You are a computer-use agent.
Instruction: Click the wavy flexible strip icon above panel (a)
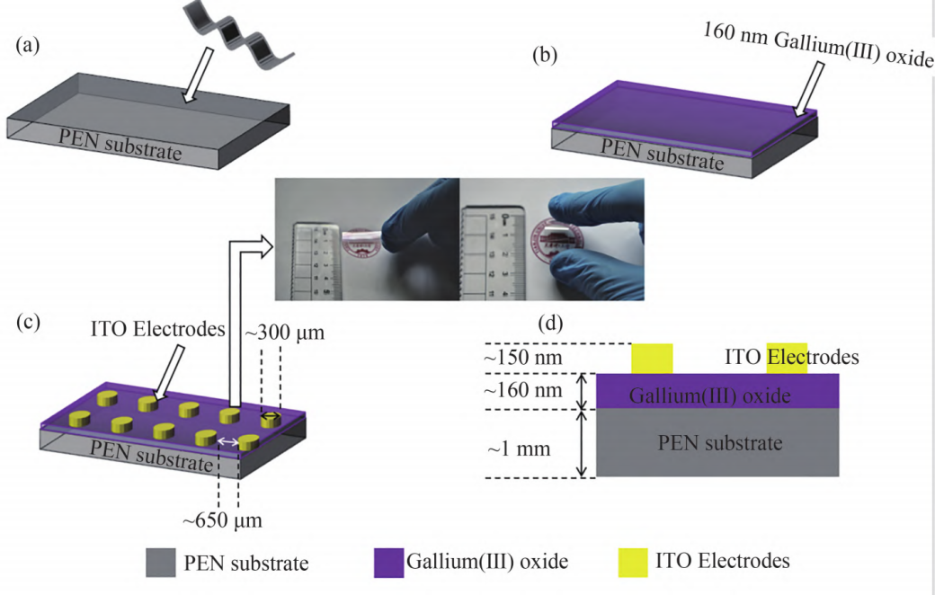coord(242,37)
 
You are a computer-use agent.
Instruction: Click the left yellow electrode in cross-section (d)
coord(652,358)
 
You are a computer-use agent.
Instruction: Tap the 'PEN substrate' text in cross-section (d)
coord(720,442)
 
